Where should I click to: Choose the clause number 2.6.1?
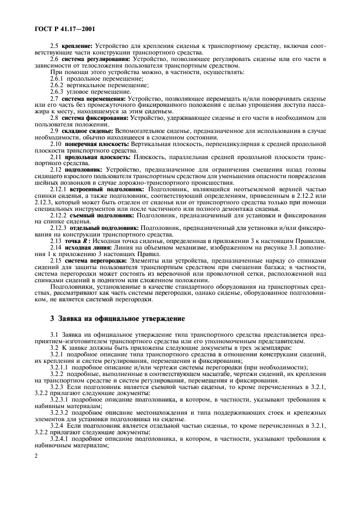[x=57, y=80]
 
